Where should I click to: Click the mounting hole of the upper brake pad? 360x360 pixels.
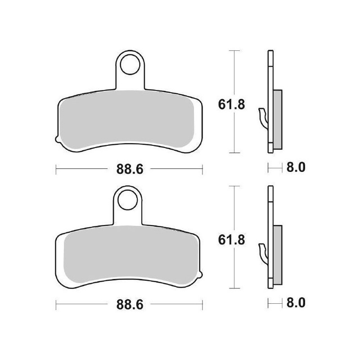point(130,64)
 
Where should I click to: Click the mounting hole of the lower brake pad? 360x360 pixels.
point(127,200)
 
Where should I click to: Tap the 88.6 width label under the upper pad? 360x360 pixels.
point(130,169)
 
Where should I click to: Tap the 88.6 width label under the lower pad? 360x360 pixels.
point(130,305)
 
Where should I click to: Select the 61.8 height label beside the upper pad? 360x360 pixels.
point(231,105)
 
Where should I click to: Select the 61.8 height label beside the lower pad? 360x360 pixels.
point(231,240)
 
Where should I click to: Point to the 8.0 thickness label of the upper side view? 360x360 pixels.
point(296,167)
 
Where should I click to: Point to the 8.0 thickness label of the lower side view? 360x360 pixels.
point(296,303)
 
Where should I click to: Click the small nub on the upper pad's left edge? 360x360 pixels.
point(58,139)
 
